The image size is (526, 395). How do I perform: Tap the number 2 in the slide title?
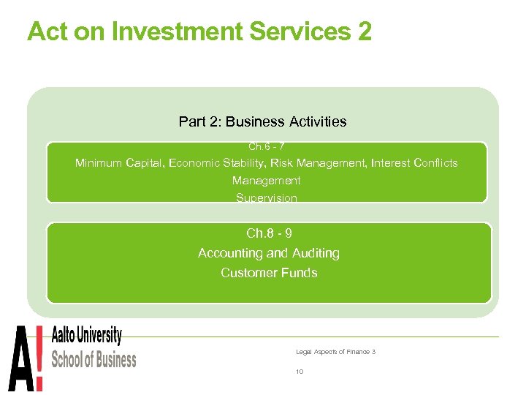click(364, 31)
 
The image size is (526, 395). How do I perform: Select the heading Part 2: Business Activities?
click(262, 121)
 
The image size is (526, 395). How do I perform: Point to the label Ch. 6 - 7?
click(266, 147)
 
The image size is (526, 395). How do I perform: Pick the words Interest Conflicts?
click(414, 163)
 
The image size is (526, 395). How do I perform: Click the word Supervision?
click(266, 198)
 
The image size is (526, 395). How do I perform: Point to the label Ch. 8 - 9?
click(269, 233)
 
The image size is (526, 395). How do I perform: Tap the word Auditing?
click(316, 253)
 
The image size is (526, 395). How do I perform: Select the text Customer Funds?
click(269, 273)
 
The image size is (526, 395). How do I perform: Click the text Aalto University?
click(86, 337)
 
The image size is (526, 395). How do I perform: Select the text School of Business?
click(94, 359)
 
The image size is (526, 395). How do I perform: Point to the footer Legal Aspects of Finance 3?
click(335, 352)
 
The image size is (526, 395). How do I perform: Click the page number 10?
click(300, 372)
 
